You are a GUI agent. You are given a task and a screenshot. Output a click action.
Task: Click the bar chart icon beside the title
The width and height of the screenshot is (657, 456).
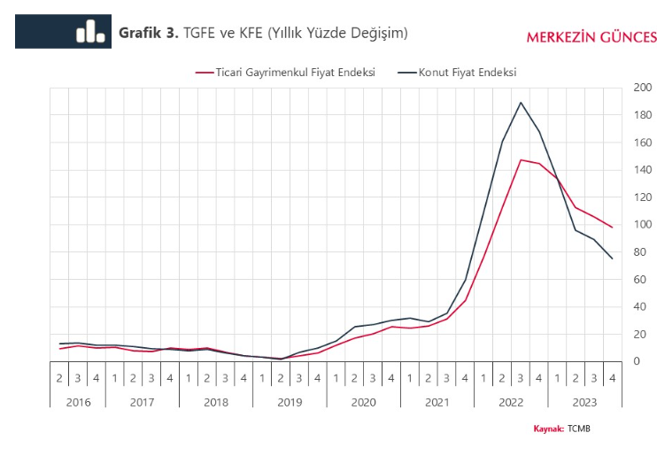pyautogui.click(x=89, y=32)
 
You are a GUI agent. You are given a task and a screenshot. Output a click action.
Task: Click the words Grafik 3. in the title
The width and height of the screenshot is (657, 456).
pyautogui.click(x=149, y=33)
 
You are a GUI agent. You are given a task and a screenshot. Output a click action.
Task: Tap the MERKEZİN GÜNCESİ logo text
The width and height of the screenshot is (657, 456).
pyautogui.click(x=591, y=37)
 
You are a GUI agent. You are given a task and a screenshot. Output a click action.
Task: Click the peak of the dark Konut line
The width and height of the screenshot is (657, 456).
pyautogui.click(x=521, y=102)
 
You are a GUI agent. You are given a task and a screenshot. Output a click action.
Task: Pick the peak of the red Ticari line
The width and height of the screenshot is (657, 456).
pyautogui.click(x=521, y=159)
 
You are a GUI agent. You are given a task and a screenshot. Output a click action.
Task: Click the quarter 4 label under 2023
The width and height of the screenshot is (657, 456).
pyautogui.click(x=612, y=378)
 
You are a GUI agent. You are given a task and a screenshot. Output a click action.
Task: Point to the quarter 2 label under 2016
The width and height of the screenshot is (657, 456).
pyautogui.click(x=60, y=378)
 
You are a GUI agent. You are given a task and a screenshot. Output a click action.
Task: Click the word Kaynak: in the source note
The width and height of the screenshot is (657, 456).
pyautogui.click(x=548, y=429)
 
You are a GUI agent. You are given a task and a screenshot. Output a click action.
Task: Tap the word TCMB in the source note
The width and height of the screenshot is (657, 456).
pyautogui.click(x=578, y=429)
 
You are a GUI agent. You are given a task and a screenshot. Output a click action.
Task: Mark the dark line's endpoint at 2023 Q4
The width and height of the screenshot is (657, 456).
pyautogui.click(x=612, y=259)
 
